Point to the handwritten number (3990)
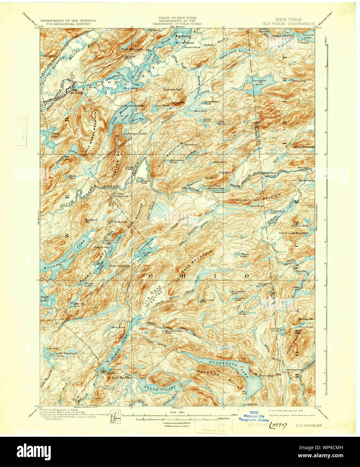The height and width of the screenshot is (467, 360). click(x=278, y=425)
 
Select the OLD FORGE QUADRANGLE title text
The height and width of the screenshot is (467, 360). click(x=289, y=24)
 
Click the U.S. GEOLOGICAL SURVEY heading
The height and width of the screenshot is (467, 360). click(x=68, y=24)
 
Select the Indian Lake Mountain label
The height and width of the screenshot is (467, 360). click(x=293, y=233)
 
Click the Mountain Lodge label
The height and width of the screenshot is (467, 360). click(x=136, y=106)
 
